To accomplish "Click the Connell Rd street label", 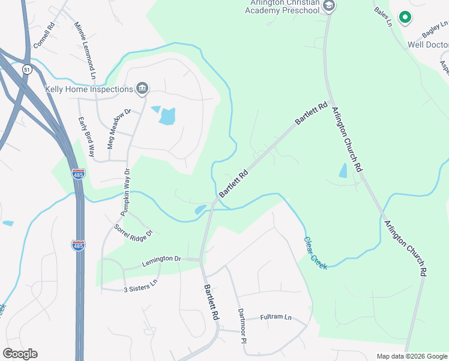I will [45, 36].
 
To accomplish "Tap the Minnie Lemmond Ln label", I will [85, 51].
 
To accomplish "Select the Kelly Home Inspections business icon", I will [142, 89].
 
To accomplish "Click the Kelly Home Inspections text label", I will [89, 89].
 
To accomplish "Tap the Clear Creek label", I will [315, 252].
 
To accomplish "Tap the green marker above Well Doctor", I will [405, 19].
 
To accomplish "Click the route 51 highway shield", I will [26, 70].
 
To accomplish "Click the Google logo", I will [20, 354].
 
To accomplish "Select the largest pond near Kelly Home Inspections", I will [167, 116].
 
